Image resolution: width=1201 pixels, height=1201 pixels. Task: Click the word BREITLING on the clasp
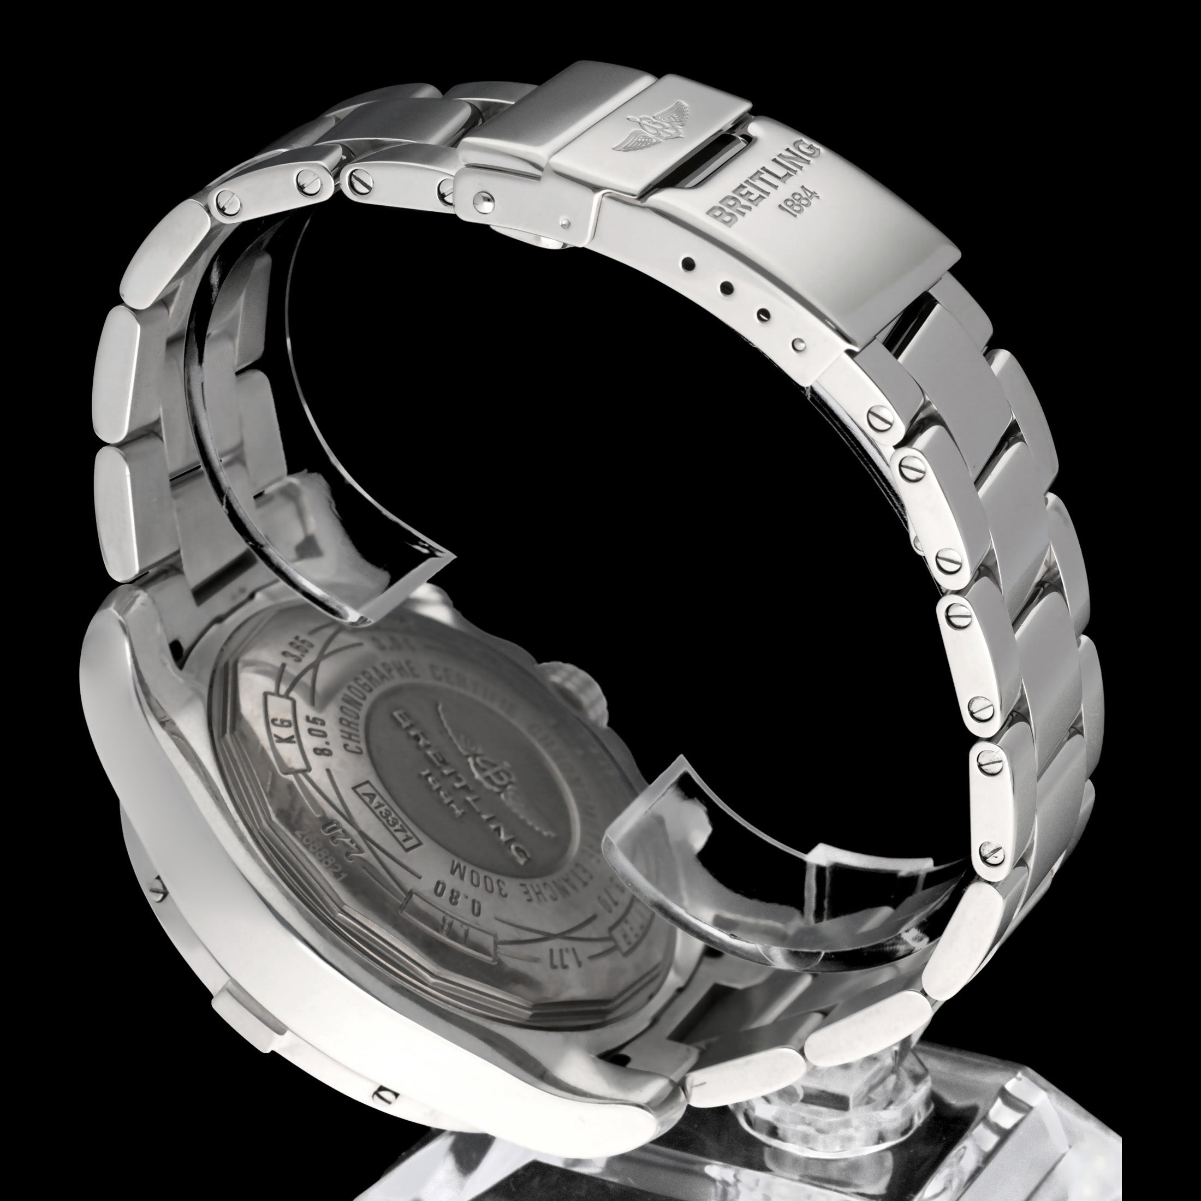click(x=766, y=183)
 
